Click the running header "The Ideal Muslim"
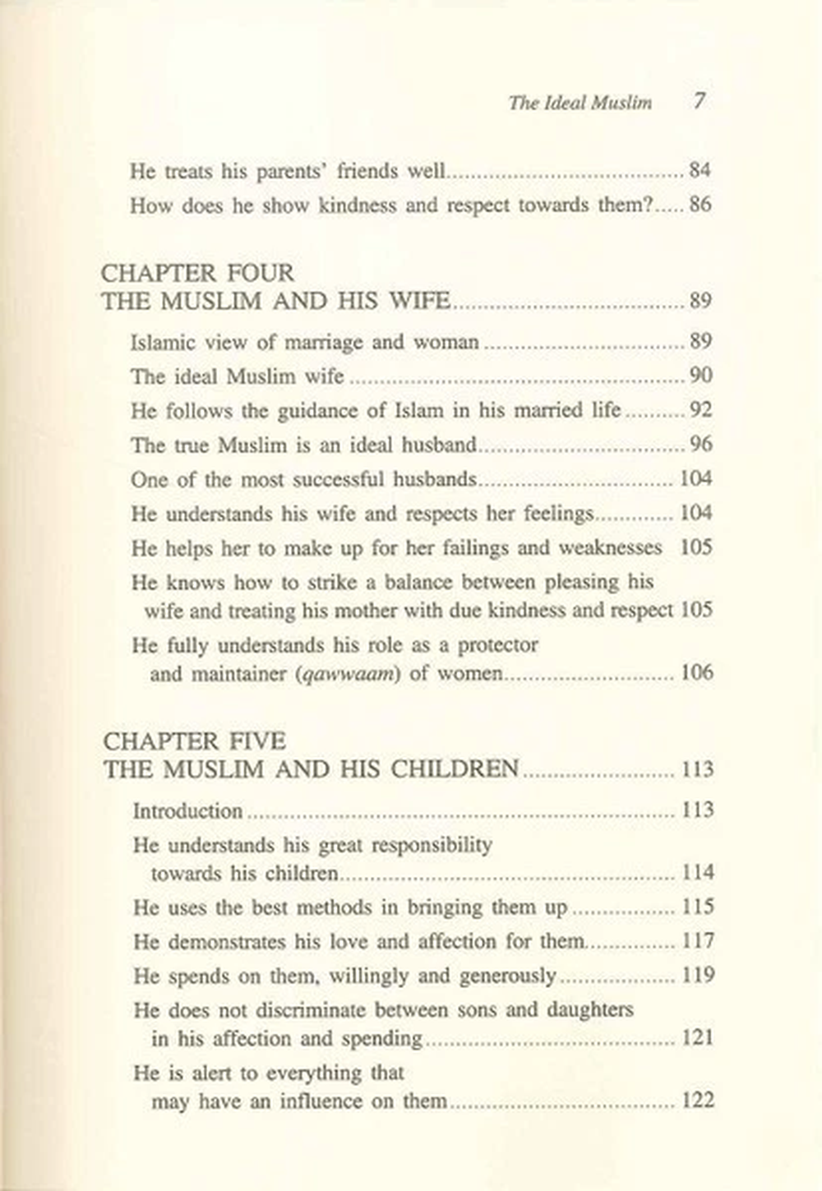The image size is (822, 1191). [580, 103]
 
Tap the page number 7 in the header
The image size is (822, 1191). [699, 101]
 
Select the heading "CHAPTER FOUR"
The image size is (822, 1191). [197, 273]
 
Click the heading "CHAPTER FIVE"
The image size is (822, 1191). [194, 741]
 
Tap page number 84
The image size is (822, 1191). [700, 171]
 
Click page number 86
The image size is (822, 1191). [700, 205]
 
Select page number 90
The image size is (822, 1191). [700, 376]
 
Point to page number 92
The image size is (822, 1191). [700, 410]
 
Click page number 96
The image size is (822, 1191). [700, 445]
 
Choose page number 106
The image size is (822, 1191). [696, 673]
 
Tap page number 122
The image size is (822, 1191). [698, 1100]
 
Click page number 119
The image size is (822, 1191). [698, 976]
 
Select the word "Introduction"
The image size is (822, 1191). [187, 811]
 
